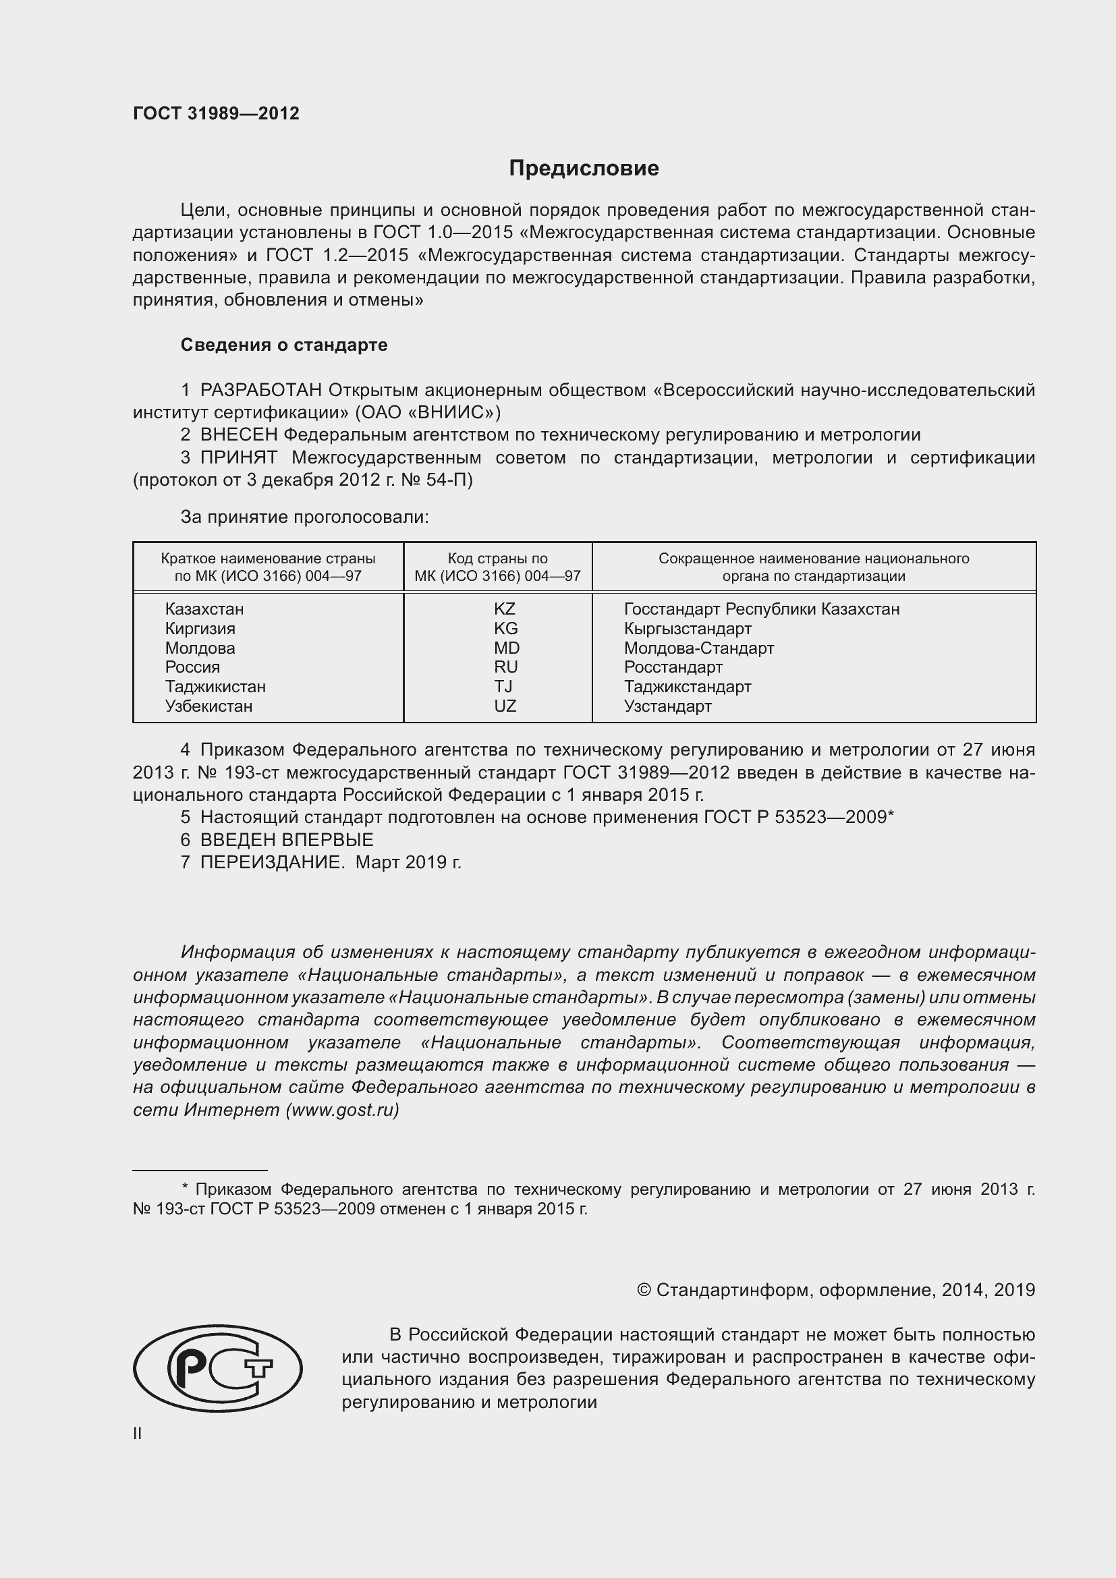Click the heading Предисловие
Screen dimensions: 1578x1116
pyautogui.click(x=584, y=169)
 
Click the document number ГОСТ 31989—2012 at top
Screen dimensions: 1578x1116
pyautogui.click(x=216, y=113)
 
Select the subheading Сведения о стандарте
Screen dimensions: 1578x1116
pyautogui.click(x=284, y=345)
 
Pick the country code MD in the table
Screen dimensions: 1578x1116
pyautogui.click(x=507, y=648)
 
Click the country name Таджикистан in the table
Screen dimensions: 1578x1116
pyautogui.click(x=215, y=687)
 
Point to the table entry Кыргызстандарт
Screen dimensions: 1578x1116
pyautogui.click(x=687, y=629)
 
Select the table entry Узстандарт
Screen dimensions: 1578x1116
pyautogui.click(x=667, y=706)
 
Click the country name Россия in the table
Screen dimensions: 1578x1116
pyautogui.click(x=192, y=667)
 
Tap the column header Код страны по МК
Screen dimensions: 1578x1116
pyautogui.click(x=497, y=567)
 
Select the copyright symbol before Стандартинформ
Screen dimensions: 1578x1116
pyautogui.click(x=644, y=1290)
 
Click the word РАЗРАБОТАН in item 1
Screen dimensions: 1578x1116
pyautogui.click(x=260, y=391)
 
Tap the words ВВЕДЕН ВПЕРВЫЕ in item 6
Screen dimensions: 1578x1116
pyautogui.click(x=287, y=840)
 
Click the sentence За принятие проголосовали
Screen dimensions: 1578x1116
pyautogui.click(x=304, y=517)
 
